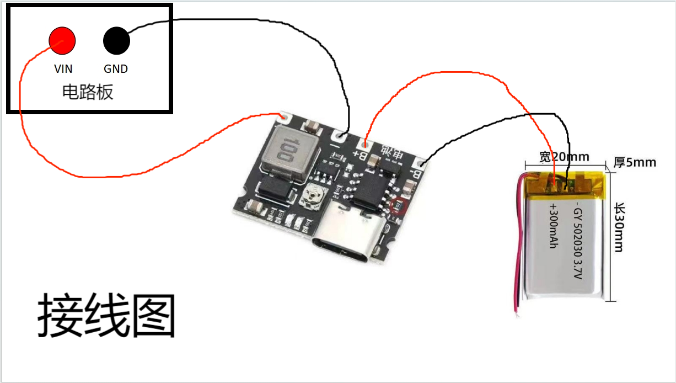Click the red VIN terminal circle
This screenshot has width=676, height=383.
[62, 40]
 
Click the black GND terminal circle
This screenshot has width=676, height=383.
[116, 40]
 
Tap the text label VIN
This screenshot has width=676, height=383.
[63, 69]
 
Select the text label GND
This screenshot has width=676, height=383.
[116, 69]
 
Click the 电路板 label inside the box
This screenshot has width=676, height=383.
[88, 92]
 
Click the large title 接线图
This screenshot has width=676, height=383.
[106, 316]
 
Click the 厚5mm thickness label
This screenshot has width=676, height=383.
[635, 162]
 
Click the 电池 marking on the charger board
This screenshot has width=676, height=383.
[392, 154]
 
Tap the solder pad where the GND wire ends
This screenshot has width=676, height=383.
[340, 135]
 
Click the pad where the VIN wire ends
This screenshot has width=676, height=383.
[285, 117]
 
